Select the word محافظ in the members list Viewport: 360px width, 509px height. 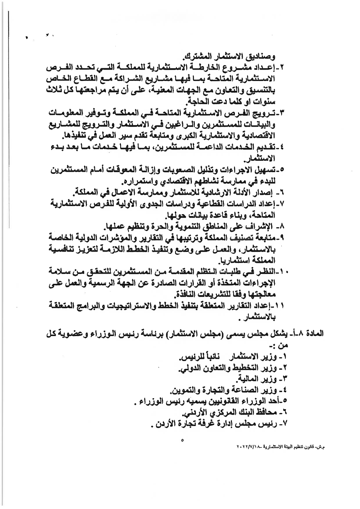[265, 413]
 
